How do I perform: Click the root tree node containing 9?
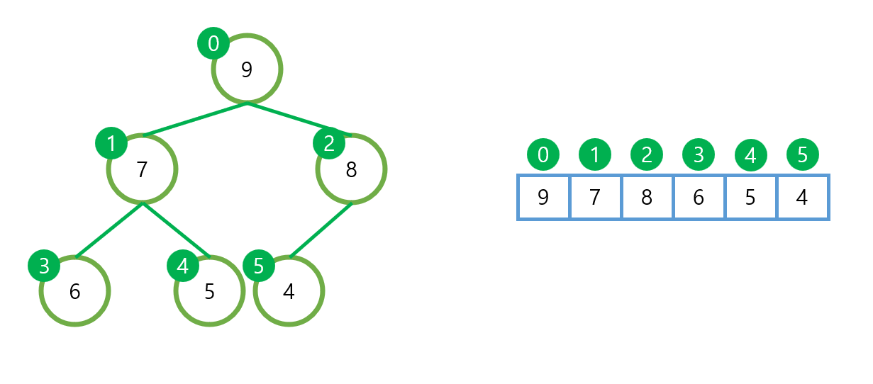[x=247, y=69]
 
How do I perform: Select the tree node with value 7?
[x=142, y=169]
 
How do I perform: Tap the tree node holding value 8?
[x=351, y=169]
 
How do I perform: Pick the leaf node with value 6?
[x=74, y=291]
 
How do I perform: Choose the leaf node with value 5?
[x=209, y=291]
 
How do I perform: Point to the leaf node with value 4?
[x=289, y=291]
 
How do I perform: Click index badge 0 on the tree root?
[x=213, y=44]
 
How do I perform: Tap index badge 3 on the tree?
[x=44, y=266]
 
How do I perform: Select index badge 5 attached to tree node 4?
[x=259, y=266]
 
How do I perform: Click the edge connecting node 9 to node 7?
[x=195, y=118]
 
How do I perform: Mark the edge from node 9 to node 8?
[x=298, y=118]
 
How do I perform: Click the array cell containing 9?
[x=543, y=197]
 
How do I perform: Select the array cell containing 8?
[x=647, y=197]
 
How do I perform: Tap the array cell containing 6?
[x=699, y=197]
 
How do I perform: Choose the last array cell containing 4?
[x=802, y=197]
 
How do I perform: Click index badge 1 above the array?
[x=595, y=154]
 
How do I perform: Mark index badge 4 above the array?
[x=750, y=154]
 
